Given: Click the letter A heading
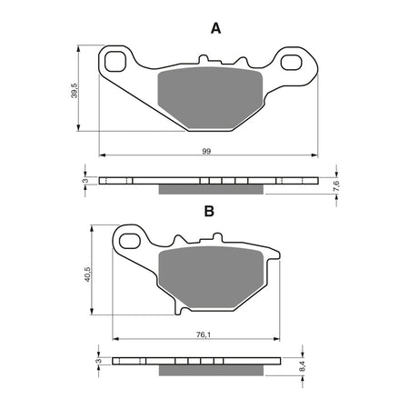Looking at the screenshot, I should tap(215, 28).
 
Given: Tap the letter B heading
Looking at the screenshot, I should tap(208, 211).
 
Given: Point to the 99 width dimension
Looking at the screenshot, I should tap(206, 150).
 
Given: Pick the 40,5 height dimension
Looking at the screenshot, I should tap(88, 274).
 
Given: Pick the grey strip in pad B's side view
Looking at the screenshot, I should tap(214, 370).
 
